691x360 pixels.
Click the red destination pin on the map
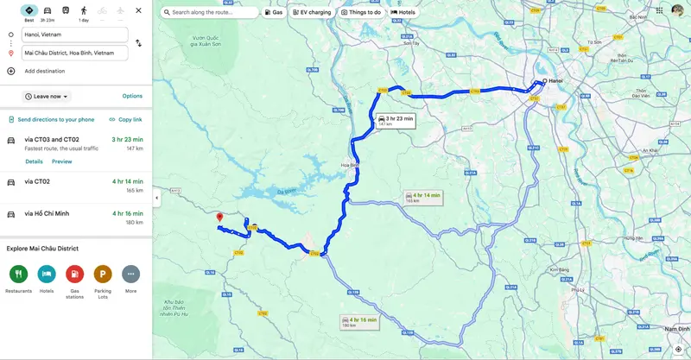click(219, 218)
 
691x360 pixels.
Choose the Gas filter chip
click(273, 12)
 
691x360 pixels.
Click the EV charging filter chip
click(312, 12)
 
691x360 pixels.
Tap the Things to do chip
click(363, 12)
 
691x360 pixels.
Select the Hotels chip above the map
click(403, 12)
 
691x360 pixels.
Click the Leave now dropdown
click(47, 97)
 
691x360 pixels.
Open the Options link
click(132, 96)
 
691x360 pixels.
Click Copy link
click(126, 119)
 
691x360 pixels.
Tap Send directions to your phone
click(51, 119)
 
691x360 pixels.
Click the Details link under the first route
click(34, 161)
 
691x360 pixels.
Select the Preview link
click(61, 161)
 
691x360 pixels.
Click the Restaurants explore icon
click(18, 275)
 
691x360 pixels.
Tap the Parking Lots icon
click(103, 275)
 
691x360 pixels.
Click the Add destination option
click(45, 71)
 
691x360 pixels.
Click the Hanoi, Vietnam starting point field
click(74, 35)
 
